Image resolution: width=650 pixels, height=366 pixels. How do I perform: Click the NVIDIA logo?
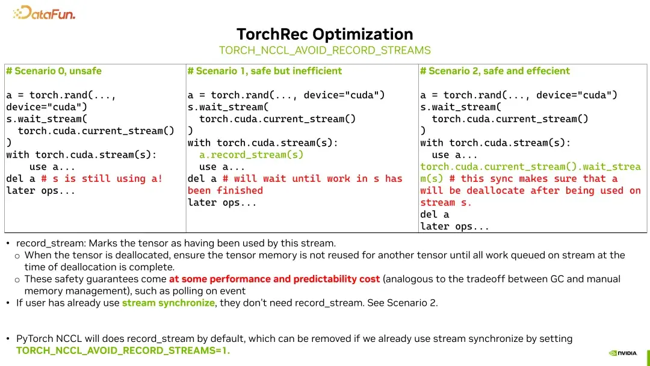point(622,353)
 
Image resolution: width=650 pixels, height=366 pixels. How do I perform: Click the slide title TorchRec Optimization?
point(324,34)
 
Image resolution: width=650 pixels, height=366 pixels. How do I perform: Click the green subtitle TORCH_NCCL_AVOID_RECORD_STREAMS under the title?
point(324,51)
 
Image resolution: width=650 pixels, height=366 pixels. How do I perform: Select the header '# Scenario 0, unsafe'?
point(54,71)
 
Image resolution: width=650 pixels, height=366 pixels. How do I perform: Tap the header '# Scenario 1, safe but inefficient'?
point(265,71)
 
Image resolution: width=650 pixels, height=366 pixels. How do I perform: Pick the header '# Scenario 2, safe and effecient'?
point(495,71)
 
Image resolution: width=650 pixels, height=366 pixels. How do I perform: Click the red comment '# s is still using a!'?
point(102,179)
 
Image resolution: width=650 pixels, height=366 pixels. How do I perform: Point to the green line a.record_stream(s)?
point(251,155)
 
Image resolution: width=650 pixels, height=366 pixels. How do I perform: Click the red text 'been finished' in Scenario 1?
point(225,191)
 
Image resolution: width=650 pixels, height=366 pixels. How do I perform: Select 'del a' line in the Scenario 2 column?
point(435,214)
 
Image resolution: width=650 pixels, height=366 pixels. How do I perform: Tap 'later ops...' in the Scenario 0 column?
point(41,191)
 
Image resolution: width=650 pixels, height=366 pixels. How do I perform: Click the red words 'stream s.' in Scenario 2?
point(446,202)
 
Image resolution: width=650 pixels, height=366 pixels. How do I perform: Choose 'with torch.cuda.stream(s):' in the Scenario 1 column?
point(262,143)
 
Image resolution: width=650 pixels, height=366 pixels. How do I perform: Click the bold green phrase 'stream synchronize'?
point(168,303)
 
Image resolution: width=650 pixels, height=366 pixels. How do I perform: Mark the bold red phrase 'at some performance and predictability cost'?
point(274,279)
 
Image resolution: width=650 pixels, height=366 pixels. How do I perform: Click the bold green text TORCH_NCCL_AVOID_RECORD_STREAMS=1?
point(123,350)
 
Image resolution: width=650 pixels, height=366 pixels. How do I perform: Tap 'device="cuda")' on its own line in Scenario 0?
point(47,107)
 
